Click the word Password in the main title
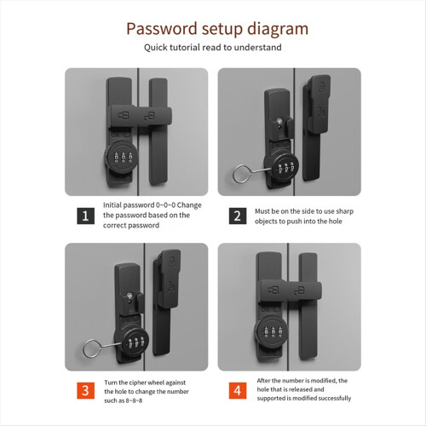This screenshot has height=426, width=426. point(162,29)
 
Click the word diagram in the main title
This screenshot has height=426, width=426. point(278,30)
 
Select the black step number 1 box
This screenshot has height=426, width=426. point(85,216)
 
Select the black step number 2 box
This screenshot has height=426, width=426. point(238,216)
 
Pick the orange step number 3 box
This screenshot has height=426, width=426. point(85,390)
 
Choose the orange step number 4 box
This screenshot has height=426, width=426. point(238,390)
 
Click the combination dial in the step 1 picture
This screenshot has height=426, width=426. point(121,157)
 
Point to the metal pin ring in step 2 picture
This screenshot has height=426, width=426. point(241,174)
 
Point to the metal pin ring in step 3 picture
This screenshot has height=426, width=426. point(91,348)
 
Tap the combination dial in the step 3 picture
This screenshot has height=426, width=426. point(131,342)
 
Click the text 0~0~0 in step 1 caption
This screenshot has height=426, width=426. point(165,205)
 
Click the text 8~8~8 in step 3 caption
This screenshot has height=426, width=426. point(134,400)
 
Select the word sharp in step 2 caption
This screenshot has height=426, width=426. point(345,211)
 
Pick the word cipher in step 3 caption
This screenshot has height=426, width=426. point(139,383)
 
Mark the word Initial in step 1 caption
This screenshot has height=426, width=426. point(112,205)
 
